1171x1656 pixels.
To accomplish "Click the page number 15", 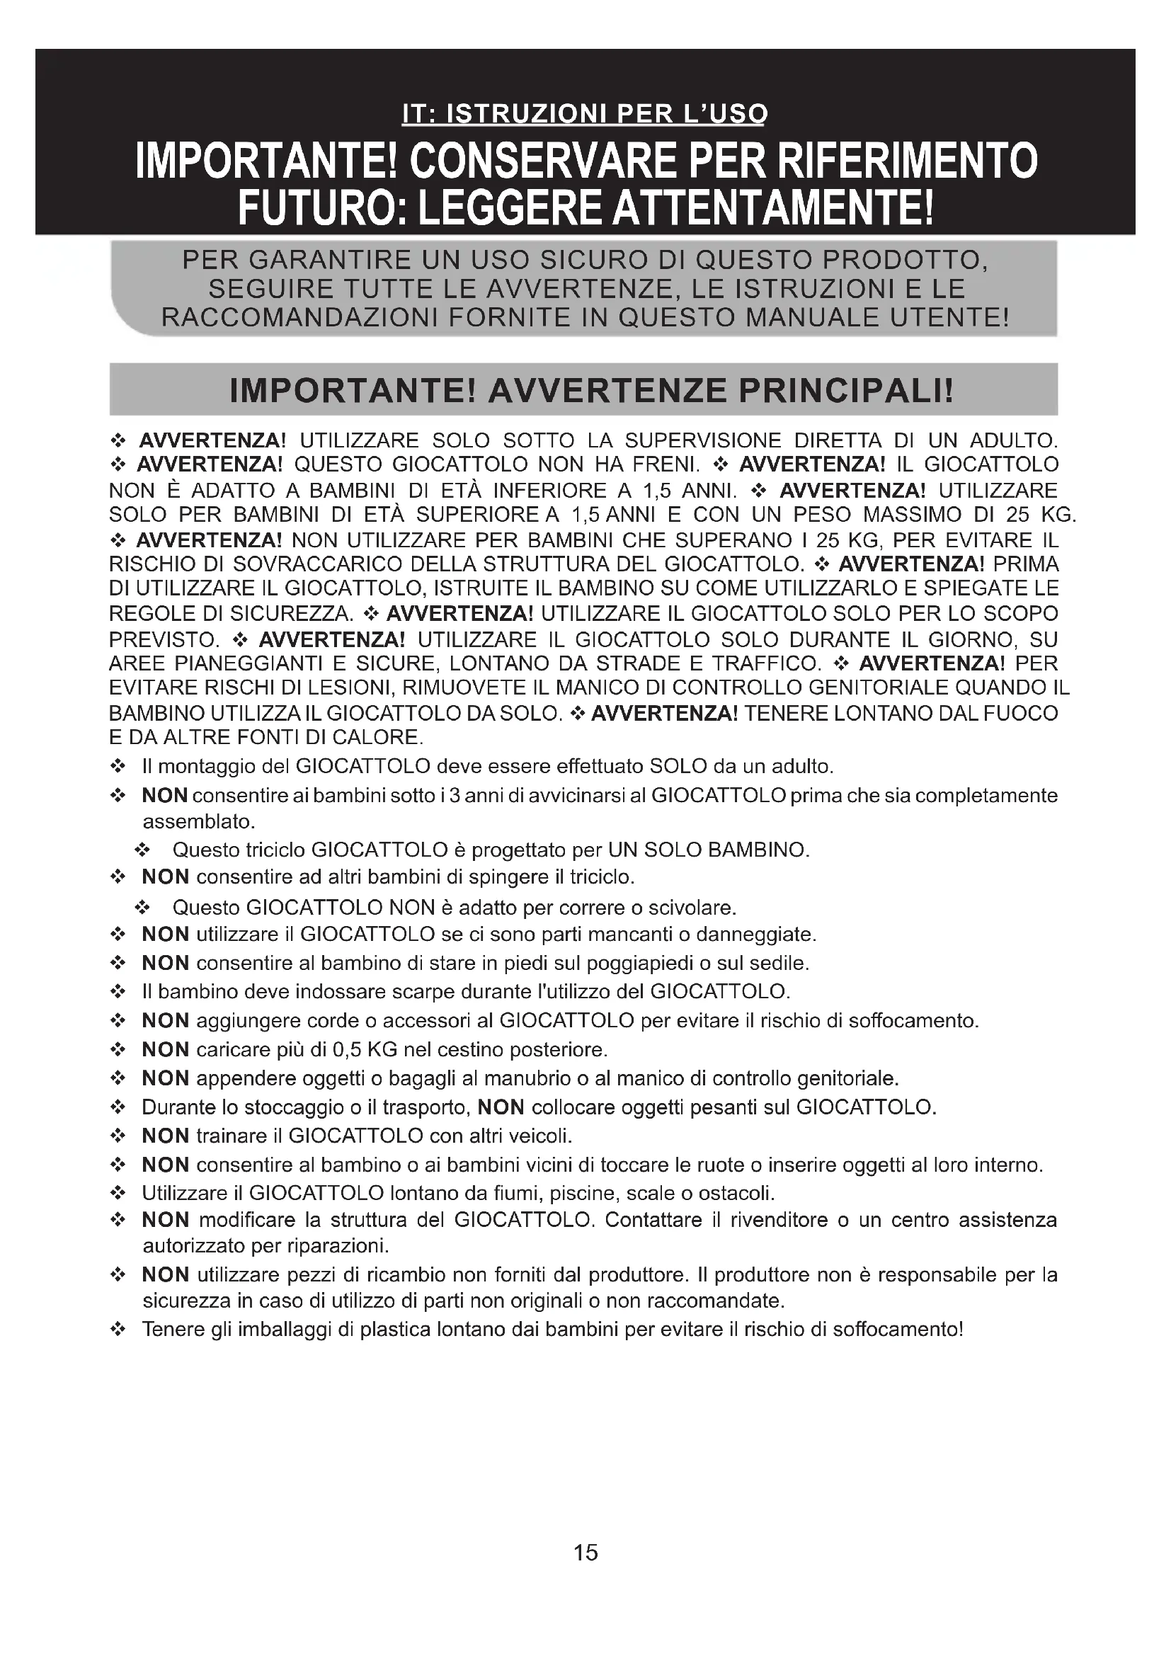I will click(x=585, y=1551).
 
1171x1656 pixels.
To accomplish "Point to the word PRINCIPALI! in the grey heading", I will click(x=846, y=391).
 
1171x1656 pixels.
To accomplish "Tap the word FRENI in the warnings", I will click(x=670, y=464).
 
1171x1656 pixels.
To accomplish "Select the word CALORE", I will click(x=386, y=738).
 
